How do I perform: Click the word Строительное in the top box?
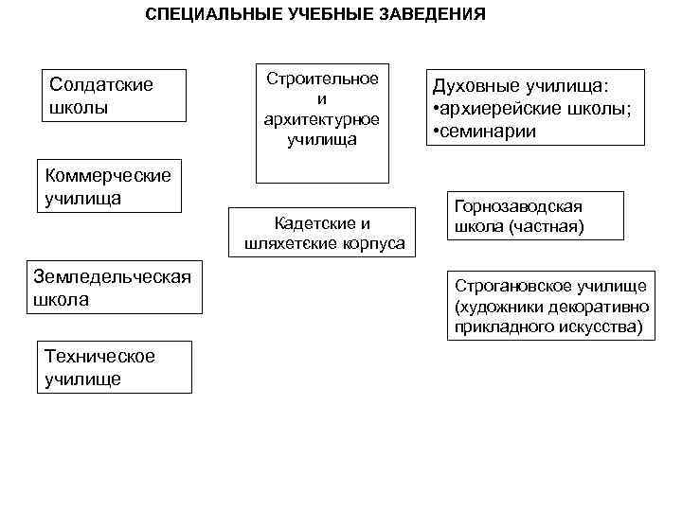tap(321, 79)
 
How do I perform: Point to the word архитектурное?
tap(321, 120)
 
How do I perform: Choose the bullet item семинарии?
tap(489, 132)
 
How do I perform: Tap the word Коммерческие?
tap(108, 175)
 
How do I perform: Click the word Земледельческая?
tap(112, 276)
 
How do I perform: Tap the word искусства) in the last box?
tap(596, 327)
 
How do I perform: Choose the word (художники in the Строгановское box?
tap(497, 307)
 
